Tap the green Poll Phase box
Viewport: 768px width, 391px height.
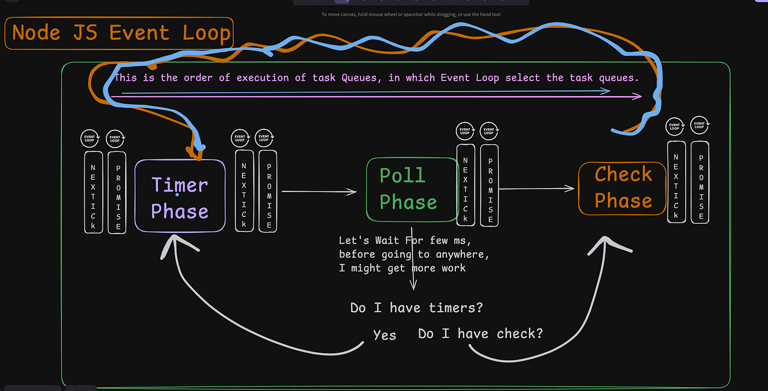[x=412, y=189]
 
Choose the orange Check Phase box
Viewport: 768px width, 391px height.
[x=623, y=188]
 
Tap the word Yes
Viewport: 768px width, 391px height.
[x=384, y=335]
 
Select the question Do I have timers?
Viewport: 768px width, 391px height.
[x=416, y=308]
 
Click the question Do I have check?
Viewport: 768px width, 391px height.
[x=480, y=333]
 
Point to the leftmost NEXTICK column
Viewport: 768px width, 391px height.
[x=93, y=192]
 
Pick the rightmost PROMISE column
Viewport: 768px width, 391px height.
[x=700, y=182]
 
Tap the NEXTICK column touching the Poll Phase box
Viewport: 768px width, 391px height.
[x=466, y=185]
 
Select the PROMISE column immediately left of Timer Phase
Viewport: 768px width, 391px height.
[x=117, y=192]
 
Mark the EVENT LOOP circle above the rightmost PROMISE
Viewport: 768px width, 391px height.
[x=699, y=126]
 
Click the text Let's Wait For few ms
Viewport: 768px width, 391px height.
[x=404, y=241]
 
